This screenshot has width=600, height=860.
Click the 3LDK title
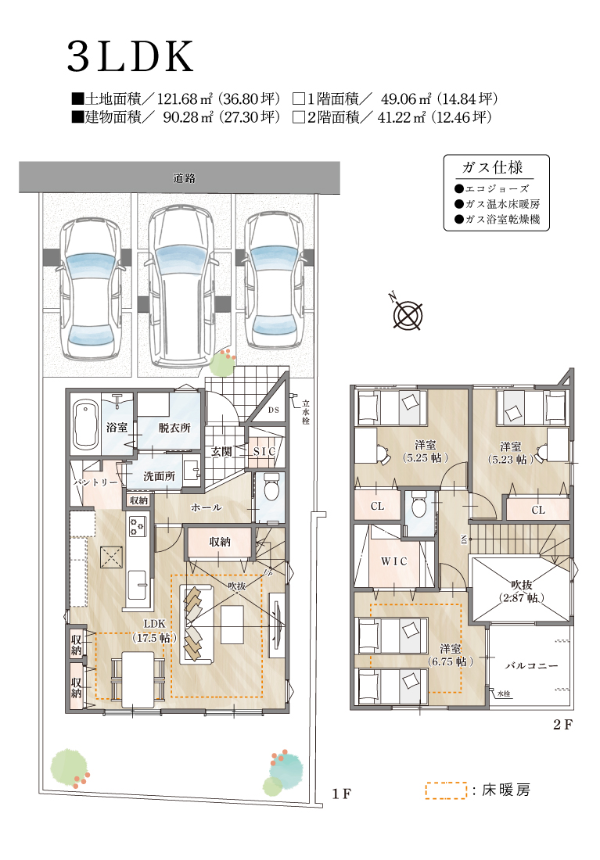pyautogui.click(x=131, y=56)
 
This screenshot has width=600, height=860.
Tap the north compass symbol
pyautogui.click(x=408, y=315)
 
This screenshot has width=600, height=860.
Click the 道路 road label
pyautogui.click(x=185, y=177)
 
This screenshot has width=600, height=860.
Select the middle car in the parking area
pyautogui.click(x=181, y=286)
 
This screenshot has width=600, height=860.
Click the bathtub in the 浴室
pyautogui.click(x=85, y=425)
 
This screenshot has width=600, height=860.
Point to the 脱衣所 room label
pyautogui.click(x=174, y=428)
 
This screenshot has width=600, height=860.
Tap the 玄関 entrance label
pyautogui.click(x=221, y=451)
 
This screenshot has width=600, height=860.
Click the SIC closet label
pyautogui.click(x=264, y=451)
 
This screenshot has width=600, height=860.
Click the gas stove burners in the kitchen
pyautogui.click(x=137, y=526)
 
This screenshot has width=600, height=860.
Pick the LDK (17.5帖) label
pyautogui.click(x=154, y=631)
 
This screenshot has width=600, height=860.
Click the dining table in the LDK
pyautogui.click(x=138, y=679)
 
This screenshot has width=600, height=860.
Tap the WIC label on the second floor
pyautogui.click(x=394, y=561)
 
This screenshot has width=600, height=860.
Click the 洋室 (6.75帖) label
pyautogui.click(x=450, y=655)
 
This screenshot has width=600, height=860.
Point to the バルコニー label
pyautogui.click(x=531, y=665)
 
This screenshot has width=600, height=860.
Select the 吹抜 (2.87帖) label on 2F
pyautogui.click(x=522, y=591)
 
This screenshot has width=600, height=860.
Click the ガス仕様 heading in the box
pyautogui.click(x=492, y=167)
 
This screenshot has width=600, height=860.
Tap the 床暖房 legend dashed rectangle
pyautogui.click(x=446, y=790)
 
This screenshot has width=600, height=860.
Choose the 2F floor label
pyautogui.click(x=562, y=725)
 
